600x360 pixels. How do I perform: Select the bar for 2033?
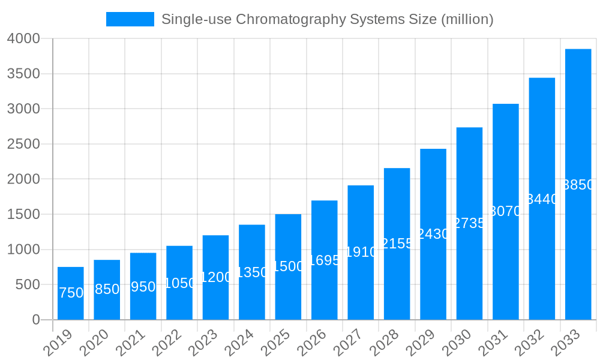(578, 240)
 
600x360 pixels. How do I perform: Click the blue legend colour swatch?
(130, 19)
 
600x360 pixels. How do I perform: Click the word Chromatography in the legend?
(289, 19)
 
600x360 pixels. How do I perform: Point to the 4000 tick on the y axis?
(23, 38)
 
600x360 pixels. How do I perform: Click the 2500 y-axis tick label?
(23, 144)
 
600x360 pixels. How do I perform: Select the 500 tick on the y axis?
(27, 284)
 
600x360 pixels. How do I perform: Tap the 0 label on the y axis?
(36, 320)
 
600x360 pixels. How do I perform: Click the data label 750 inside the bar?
(71, 293)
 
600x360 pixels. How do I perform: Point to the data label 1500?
(288, 266)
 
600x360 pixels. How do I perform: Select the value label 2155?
(397, 244)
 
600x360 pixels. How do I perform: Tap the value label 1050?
(179, 283)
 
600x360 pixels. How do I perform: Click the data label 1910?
(361, 252)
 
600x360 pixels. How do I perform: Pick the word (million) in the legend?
(467, 19)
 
